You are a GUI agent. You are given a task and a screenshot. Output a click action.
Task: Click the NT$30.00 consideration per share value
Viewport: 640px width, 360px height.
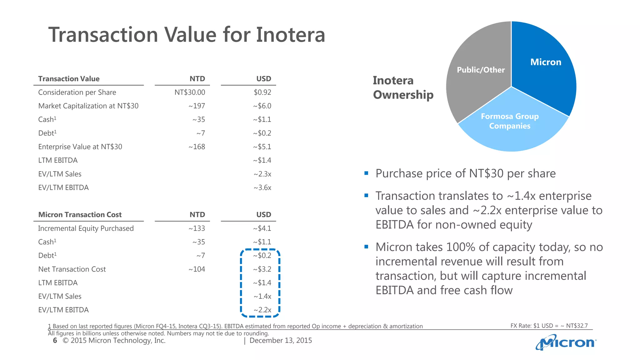coord(190,92)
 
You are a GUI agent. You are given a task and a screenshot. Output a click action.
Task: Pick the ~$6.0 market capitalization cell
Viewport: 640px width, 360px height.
coord(262,106)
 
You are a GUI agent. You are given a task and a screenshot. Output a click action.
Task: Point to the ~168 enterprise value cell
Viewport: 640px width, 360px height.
coord(197,147)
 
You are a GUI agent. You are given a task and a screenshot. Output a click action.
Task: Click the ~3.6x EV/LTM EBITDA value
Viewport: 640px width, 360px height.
coord(262,188)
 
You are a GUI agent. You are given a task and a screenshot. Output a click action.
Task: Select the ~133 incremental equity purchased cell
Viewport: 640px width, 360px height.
coord(197,228)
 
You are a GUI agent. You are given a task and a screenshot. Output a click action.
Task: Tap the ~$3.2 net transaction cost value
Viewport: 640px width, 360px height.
coord(262,269)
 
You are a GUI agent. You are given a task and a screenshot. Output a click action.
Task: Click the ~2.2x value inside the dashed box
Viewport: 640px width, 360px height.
coord(262,310)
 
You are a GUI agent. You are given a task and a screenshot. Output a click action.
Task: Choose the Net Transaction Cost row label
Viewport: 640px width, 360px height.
coord(72,269)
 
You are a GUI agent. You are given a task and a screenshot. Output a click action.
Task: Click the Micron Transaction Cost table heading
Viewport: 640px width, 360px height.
coord(80,215)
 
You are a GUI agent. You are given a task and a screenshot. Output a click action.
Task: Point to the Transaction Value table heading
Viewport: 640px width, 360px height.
coord(69,79)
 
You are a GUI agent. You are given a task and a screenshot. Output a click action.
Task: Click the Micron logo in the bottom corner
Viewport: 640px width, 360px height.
coord(566,343)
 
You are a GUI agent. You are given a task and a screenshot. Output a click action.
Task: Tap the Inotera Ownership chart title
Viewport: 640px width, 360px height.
coord(403,87)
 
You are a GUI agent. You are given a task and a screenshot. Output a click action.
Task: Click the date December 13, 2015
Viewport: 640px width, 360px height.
coord(281,341)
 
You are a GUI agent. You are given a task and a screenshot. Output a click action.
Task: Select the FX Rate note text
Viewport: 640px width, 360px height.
coord(549,326)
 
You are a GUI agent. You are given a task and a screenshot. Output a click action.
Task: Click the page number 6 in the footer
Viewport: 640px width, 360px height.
coord(55,341)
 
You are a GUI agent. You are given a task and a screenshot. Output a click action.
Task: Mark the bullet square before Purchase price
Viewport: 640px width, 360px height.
coord(366,173)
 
